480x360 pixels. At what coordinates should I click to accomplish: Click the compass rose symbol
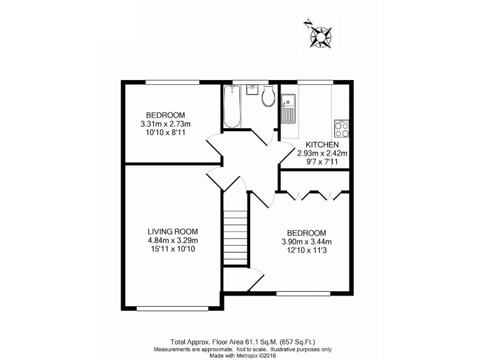[x=322, y=37]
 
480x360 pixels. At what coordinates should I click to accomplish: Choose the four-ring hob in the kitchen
[x=342, y=129]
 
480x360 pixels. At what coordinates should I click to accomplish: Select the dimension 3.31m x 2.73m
[x=166, y=124]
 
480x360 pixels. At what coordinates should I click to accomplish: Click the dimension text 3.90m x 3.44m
[x=306, y=242]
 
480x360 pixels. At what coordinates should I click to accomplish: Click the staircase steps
[x=236, y=237]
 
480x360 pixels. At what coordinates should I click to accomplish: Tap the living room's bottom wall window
[x=172, y=307]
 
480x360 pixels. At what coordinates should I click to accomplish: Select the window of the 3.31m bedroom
[x=172, y=81]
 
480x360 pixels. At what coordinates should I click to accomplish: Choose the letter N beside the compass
[x=307, y=24]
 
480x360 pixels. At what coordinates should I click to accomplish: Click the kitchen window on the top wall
[x=316, y=81]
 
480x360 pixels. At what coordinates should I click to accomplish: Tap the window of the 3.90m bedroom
[x=303, y=292]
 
